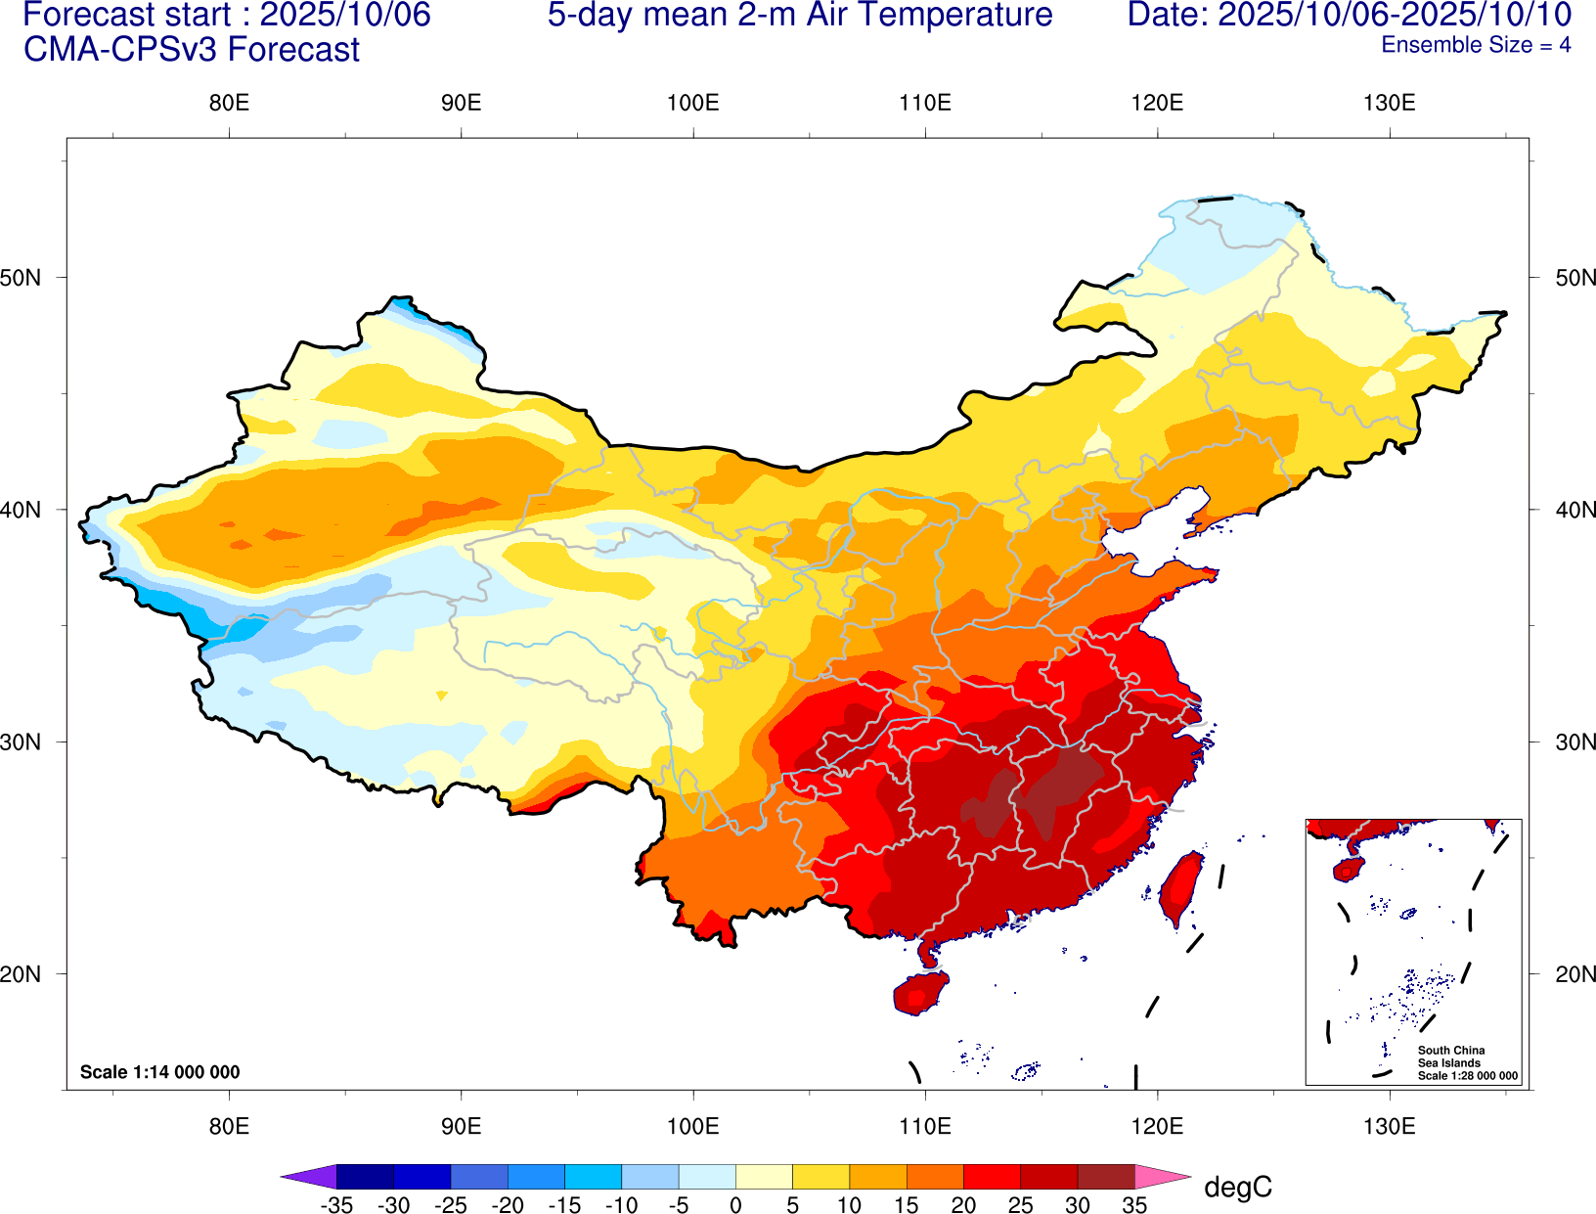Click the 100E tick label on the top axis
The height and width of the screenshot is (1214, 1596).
pyautogui.click(x=692, y=103)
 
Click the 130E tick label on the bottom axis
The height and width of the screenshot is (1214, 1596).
pyautogui.click(x=1389, y=1126)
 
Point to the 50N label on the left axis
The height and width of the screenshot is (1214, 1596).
pyautogui.click(x=21, y=278)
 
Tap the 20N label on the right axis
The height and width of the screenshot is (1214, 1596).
pyautogui.click(x=1574, y=974)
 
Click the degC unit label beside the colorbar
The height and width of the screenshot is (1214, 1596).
pyautogui.click(x=1237, y=1188)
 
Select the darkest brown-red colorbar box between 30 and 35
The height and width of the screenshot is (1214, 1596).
pyautogui.click(x=1106, y=1176)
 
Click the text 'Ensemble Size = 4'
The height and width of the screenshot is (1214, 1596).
pyautogui.click(x=1475, y=45)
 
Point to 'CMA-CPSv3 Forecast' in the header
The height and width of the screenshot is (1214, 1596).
pyautogui.click(x=192, y=50)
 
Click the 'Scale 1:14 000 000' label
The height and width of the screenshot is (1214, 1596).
pyautogui.click(x=159, y=1072)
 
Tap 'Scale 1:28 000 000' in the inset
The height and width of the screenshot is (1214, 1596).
pyautogui.click(x=1468, y=1076)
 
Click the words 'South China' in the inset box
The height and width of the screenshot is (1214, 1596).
pyautogui.click(x=1451, y=1051)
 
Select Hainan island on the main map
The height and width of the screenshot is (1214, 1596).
pyautogui.click(x=919, y=993)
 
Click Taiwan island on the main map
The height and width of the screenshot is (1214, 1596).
pyautogui.click(x=1181, y=888)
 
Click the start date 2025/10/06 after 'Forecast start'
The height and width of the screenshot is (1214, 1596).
pyautogui.click(x=345, y=15)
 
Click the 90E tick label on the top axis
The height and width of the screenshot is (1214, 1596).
pyautogui.click(x=461, y=103)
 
